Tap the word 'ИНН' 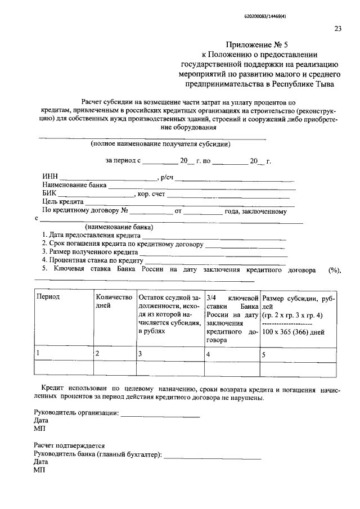point(49,178)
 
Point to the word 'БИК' point(49,194)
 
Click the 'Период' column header point(48,296)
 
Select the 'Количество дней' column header point(114,300)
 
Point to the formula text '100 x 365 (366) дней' point(294,332)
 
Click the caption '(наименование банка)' point(119,227)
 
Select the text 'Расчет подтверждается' point(69,445)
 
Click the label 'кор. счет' point(151,194)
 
